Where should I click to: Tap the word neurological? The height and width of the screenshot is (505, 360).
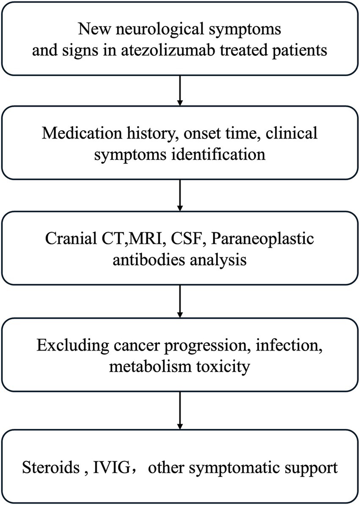(153, 30)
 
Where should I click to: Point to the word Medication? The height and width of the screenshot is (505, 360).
(77, 133)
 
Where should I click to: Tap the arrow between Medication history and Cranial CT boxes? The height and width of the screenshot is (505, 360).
(180, 195)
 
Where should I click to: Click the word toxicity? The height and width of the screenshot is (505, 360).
(222, 367)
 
